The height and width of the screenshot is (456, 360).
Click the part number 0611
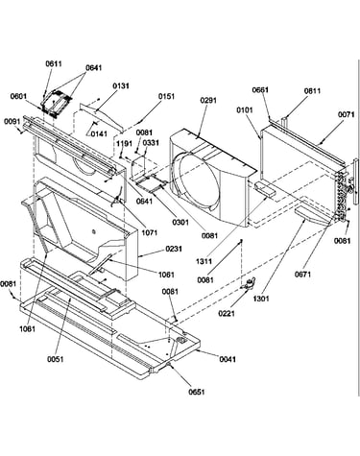pos(54,63)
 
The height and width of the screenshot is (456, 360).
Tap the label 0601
pos(18,96)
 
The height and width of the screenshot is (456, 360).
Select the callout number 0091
pos(12,122)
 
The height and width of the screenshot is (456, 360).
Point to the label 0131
pos(120,85)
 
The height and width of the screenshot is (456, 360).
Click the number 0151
pos(166,96)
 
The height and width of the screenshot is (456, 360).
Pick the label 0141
pos(99,133)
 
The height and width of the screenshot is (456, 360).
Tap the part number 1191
pos(124,143)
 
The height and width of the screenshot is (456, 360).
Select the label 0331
pos(151,143)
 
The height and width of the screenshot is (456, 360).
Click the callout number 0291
pos(208,100)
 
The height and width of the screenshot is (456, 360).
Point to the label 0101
pos(245,109)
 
